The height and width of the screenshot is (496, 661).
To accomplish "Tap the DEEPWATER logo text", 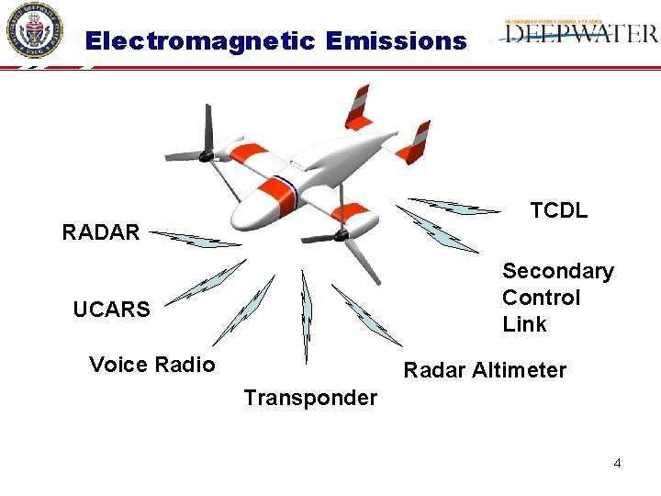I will pyautogui.click(x=581, y=35).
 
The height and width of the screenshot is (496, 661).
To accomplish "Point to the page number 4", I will pyautogui.click(x=617, y=463).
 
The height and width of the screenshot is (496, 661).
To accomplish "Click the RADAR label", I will pyautogui.click(x=101, y=232).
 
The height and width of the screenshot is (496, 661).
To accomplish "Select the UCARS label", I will pyautogui.click(x=111, y=310).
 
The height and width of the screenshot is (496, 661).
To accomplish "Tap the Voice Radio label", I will pyautogui.click(x=152, y=365).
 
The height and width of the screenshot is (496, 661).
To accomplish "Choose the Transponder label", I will pyautogui.click(x=310, y=398).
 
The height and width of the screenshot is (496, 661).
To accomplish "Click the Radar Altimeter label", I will pyautogui.click(x=485, y=370).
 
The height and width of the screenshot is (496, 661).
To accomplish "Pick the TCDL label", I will pyautogui.click(x=558, y=210).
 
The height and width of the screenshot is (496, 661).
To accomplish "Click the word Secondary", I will pyautogui.click(x=557, y=271).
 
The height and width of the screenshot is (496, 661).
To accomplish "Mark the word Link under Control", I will pyautogui.click(x=524, y=324).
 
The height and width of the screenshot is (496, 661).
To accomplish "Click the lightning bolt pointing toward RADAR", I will pyautogui.click(x=195, y=239).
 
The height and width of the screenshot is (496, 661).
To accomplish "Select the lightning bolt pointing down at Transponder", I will pyautogui.click(x=307, y=316).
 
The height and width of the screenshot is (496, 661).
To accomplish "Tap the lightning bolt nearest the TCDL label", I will pyautogui.click(x=454, y=206).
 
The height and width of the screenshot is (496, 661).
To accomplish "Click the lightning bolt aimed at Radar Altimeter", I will pyautogui.click(x=365, y=314).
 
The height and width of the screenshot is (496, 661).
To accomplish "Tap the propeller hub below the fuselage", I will pyautogui.click(x=342, y=236).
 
